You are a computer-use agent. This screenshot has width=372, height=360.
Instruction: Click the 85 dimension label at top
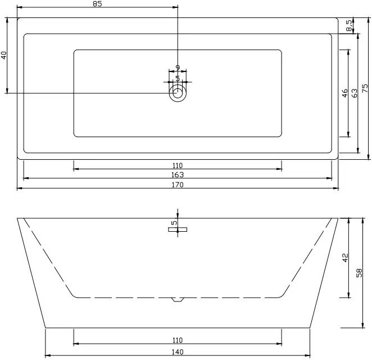[x=97, y=4]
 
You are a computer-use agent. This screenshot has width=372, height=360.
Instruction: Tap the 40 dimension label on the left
[x=4, y=55]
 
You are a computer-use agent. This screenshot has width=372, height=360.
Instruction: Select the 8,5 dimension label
[x=349, y=25]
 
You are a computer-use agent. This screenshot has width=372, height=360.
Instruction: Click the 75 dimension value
[x=365, y=88]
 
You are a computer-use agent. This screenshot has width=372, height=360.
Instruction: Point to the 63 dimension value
[x=354, y=93]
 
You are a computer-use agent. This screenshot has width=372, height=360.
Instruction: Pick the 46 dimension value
[x=344, y=93]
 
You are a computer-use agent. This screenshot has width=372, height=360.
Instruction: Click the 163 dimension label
[x=178, y=175]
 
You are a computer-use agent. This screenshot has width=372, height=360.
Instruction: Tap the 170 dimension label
[x=178, y=184]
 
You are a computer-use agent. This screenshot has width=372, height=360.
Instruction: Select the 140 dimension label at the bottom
[x=178, y=352]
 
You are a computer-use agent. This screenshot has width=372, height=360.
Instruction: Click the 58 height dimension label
[x=359, y=273]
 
